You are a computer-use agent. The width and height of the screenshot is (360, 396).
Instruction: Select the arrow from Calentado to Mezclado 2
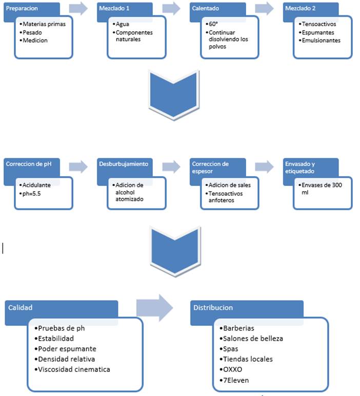tap(264, 9)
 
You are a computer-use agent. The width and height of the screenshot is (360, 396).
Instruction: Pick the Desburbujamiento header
tap(124, 164)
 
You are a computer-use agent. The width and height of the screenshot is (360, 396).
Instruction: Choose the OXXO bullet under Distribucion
tap(232, 369)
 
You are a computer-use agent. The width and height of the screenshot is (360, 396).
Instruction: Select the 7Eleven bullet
tap(235, 379)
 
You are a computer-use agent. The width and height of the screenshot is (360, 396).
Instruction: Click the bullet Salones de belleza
tap(252, 338)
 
